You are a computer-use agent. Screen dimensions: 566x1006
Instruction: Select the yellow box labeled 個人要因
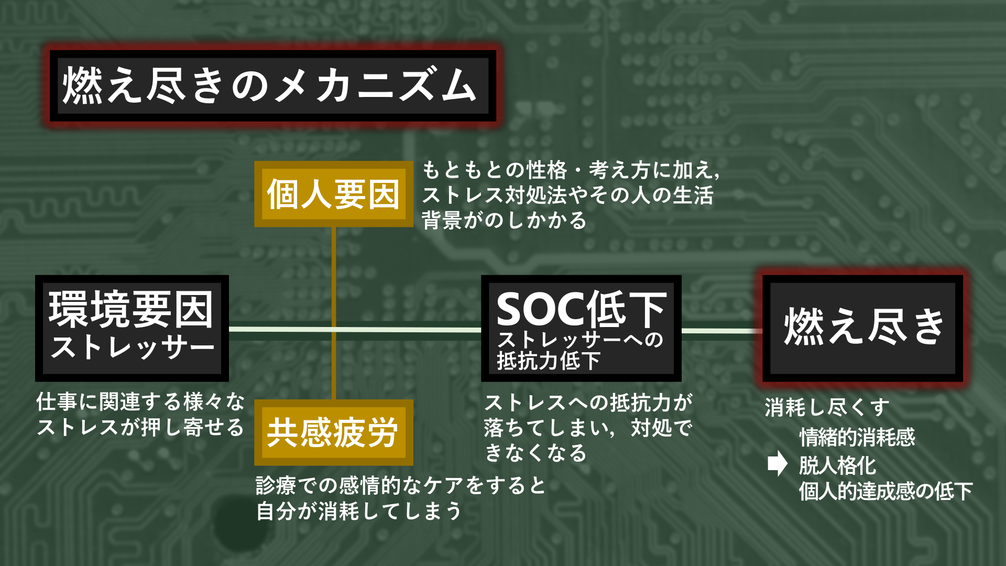[x=333, y=194]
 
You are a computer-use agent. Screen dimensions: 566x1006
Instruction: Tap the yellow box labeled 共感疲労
[x=333, y=433]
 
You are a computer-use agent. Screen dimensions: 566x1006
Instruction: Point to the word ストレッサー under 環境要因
[x=132, y=347]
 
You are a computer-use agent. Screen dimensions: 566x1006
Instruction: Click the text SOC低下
[x=581, y=310]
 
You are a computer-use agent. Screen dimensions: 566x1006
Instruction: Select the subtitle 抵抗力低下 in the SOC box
[x=548, y=361]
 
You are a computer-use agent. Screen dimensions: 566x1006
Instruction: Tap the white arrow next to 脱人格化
[x=777, y=463]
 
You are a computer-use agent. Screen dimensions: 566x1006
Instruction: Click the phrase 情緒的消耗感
[x=857, y=437]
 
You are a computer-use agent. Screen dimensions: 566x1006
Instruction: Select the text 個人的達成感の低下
[x=885, y=492]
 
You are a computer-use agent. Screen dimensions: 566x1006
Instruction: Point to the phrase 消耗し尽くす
[x=827, y=407]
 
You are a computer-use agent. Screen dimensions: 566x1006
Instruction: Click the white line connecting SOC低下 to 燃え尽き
[x=720, y=331]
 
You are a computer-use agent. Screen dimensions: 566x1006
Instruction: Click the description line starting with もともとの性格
[x=571, y=170]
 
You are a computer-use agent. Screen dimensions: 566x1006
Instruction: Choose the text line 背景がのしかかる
[x=504, y=220]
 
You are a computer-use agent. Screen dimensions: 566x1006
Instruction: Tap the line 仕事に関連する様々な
[x=140, y=402]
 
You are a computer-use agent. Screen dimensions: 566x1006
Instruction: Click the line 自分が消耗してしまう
[x=359, y=511]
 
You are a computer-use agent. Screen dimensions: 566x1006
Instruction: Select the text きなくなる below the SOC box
[x=535, y=453]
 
